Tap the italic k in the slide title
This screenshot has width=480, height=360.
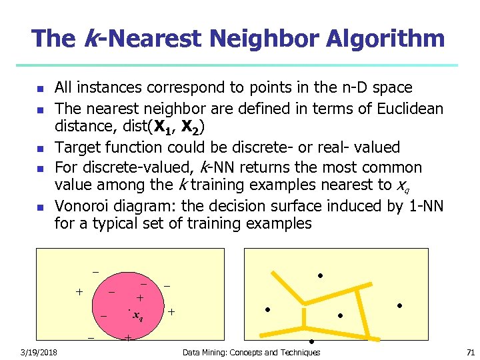pyautogui.click(x=93, y=39)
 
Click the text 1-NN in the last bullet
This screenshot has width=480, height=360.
pyautogui.click(x=425, y=205)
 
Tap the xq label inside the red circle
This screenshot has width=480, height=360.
pyautogui.click(x=138, y=315)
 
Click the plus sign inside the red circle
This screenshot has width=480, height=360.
pyautogui.click(x=140, y=297)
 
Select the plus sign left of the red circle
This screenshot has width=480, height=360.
pyautogui.click(x=79, y=291)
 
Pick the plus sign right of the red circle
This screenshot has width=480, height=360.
pyautogui.click(x=171, y=311)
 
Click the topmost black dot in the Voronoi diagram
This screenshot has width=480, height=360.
pyautogui.click(x=320, y=275)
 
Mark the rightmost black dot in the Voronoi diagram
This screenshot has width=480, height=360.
pyautogui.click(x=399, y=305)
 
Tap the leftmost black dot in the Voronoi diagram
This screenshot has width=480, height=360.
pyautogui.click(x=267, y=309)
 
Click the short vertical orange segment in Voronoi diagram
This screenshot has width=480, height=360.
pyautogui.click(x=304, y=319)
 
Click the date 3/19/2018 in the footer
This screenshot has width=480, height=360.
pyautogui.click(x=38, y=352)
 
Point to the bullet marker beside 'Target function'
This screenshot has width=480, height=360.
pyautogui.click(x=39, y=148)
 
